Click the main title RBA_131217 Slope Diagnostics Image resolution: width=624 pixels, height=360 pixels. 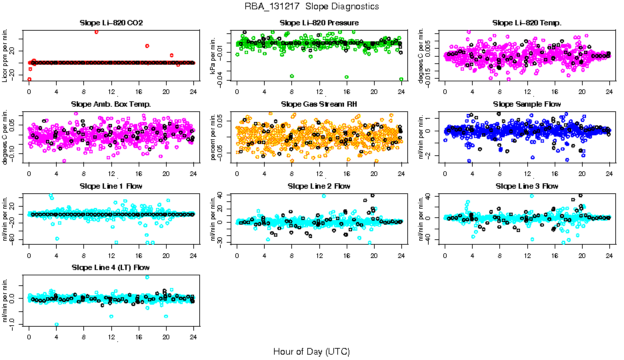pos(311,7)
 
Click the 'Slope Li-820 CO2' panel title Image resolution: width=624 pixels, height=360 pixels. pos(111,23)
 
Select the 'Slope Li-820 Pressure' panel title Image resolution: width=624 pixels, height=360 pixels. pos(319,23)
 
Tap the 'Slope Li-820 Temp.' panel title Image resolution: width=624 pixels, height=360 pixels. pos(527,23)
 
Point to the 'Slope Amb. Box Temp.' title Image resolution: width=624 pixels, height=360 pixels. pos(111,104)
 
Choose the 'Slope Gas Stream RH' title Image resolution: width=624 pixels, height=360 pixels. pos(319,104)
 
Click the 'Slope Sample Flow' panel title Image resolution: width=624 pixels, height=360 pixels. pos(527,104)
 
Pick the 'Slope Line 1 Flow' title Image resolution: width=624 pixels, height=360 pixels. pos(111,186)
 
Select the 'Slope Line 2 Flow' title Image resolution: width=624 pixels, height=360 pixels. pos(319,186)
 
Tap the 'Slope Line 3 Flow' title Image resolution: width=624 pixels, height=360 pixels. pos(527,186)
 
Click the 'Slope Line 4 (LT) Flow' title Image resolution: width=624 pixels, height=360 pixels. pos(111,267)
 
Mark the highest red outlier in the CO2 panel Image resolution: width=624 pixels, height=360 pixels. pos(97,31)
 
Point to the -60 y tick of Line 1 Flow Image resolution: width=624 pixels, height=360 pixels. pos(14,239)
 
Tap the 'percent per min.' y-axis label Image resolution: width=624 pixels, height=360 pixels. pos(214,137)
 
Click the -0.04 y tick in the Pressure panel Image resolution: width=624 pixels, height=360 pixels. pos(222,79)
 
